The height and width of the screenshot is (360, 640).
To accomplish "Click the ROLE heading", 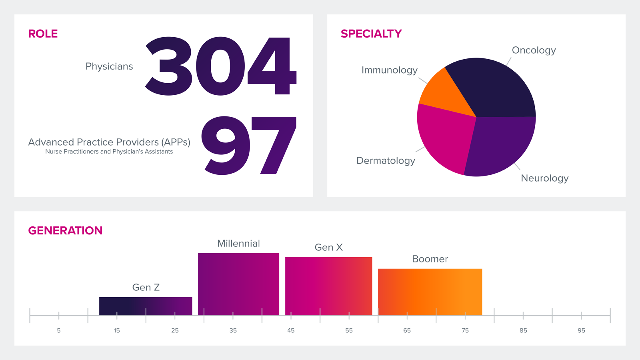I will [43, 34].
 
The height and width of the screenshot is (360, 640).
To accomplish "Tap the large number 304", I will [221, 66].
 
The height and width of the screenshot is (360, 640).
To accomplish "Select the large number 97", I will [249, 146].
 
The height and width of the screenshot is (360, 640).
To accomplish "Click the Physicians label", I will [109, 66].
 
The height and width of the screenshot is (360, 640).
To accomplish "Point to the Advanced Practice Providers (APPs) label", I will [109, 142].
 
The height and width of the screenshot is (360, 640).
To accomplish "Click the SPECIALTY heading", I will [371, 34].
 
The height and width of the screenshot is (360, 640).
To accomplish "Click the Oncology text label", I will [534, 50].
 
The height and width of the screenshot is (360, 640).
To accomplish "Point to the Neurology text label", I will [544, 178].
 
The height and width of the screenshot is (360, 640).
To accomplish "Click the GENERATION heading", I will [65, 231].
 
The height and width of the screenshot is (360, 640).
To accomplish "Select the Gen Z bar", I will [146, 306].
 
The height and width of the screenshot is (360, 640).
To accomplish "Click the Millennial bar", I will [238, 284].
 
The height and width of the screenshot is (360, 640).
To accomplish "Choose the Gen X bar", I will [328, 286].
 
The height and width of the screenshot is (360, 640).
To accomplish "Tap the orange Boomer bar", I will [430, 292].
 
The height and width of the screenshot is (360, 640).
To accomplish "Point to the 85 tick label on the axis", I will [523, 331].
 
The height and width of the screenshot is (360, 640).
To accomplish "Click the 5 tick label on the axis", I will [59, 331].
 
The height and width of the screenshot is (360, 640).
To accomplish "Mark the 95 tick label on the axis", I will [581, 331].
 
